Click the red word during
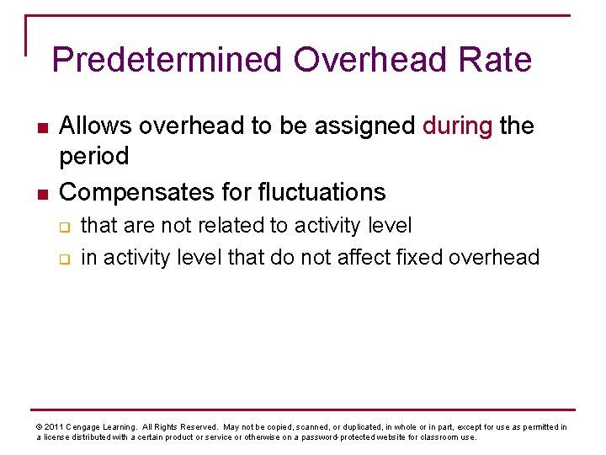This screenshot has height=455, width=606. (x=457, y=126)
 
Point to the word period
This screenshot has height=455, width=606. (x=93, y=156)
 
